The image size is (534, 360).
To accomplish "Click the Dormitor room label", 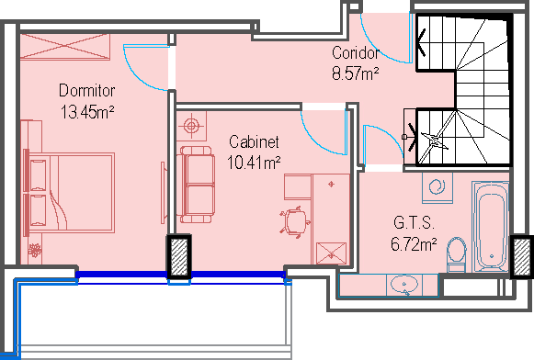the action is click(x=86, y=91).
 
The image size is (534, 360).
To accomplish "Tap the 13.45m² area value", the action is click(x=87, y=112).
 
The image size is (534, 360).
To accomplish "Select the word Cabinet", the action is click(x=254, y=142).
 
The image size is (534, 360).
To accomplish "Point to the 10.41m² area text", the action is click(x=254, y=163).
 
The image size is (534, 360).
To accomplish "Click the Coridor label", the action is click(x=355, y=52).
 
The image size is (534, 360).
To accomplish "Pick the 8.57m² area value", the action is click(x=355, y=73).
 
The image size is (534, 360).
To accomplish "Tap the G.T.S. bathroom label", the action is click(x=414, y=223).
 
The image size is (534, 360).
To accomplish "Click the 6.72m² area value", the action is click(x=414, y=244).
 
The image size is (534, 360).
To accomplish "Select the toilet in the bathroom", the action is click(x=457, y=254).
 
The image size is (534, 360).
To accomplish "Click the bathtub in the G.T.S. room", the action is click(x=491, y=227).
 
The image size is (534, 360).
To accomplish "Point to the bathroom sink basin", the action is click(x=404, y=285).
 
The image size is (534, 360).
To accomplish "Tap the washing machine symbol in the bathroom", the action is click(x=437, y=188).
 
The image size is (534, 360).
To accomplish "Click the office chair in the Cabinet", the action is click(x=295, y=222).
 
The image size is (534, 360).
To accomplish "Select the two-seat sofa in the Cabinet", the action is click(x=196, y=185).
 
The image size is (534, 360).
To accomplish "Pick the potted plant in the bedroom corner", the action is click(x=34, y=251).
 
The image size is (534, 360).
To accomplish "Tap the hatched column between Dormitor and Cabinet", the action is click(x=179, y=257).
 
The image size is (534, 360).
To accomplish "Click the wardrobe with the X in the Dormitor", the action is click(x=65, y=47).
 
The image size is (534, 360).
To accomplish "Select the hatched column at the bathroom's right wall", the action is click(x=522, y=257).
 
